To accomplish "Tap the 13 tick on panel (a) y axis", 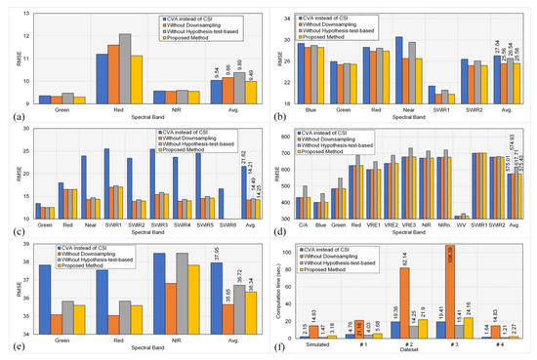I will [x=26, y=11].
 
